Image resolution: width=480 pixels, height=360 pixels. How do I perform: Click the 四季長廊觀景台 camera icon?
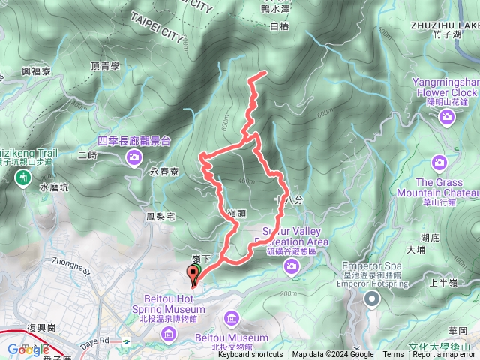[134, 156]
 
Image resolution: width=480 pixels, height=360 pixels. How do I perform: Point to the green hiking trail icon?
[23, 178]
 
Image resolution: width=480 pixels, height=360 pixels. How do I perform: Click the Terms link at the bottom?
[393, 355]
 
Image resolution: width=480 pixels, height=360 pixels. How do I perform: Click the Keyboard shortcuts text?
[250, 355]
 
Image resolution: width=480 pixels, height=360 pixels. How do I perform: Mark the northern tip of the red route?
[265, 73]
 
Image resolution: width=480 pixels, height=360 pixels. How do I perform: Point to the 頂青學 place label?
[106, 66]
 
